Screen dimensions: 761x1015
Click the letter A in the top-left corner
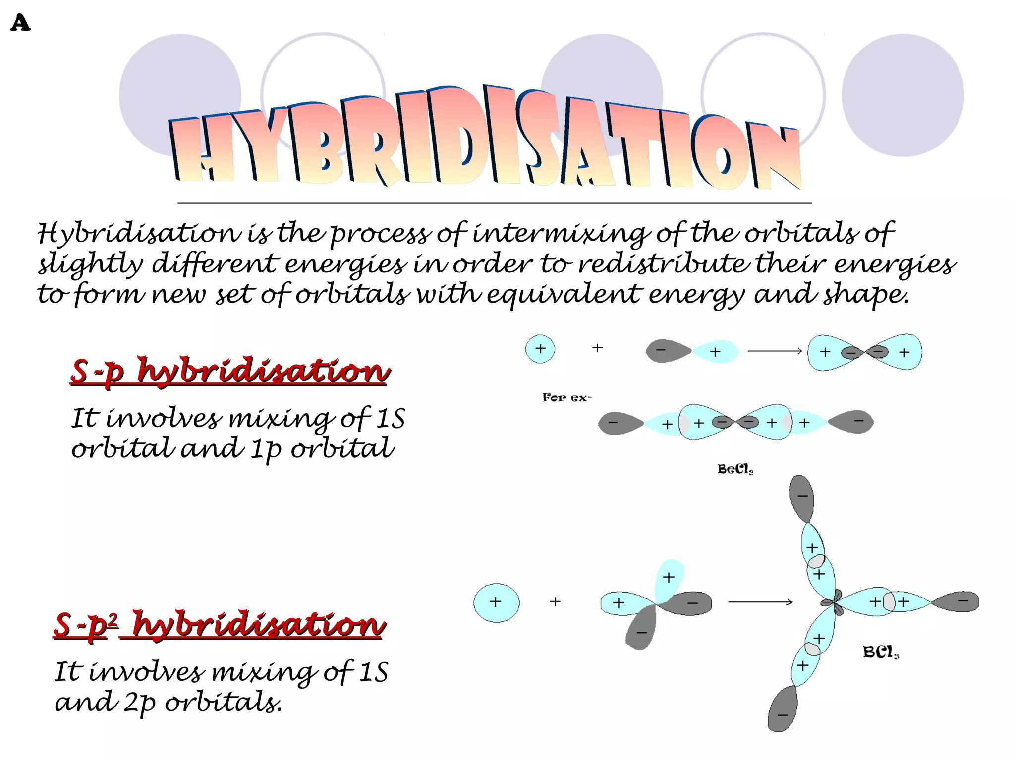click(20, 23)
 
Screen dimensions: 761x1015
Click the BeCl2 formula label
click(735, 469)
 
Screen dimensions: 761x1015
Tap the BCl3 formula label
click(880, 652)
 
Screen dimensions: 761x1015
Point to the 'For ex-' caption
click(566, 397)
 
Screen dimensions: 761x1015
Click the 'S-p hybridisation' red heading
click(229, 371)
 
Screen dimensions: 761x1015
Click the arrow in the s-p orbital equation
click(775, 351)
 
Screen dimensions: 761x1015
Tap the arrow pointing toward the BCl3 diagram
click(760, 602)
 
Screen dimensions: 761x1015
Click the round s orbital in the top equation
click(540, 349)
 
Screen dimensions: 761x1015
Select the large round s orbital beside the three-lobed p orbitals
click(497, 602)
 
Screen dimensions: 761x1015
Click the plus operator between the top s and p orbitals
click(598, 348)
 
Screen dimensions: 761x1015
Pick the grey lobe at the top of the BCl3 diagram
click(802, 497)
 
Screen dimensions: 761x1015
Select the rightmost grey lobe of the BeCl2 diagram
click(851, 422)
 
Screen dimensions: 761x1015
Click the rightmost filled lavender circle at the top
click(902, 95)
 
